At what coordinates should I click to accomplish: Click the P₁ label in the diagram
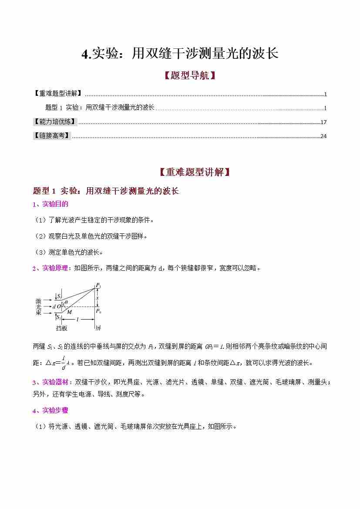(x=98, y=286)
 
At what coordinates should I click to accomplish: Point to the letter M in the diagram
(x=69, y=312)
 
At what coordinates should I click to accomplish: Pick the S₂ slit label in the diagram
(x=58, y=317)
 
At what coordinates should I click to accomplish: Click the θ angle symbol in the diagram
(x=66, y=302)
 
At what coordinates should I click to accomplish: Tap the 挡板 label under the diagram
(x=61, y=327)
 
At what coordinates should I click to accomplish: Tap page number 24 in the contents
(x=323, y=136)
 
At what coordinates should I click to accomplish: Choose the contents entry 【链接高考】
(x=52, y=135)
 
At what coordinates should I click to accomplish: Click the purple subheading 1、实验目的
(x=50, y=204)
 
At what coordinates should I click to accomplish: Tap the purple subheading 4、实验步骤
(x=50, y=410)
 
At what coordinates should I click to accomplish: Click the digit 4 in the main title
(x=85, y=54)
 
